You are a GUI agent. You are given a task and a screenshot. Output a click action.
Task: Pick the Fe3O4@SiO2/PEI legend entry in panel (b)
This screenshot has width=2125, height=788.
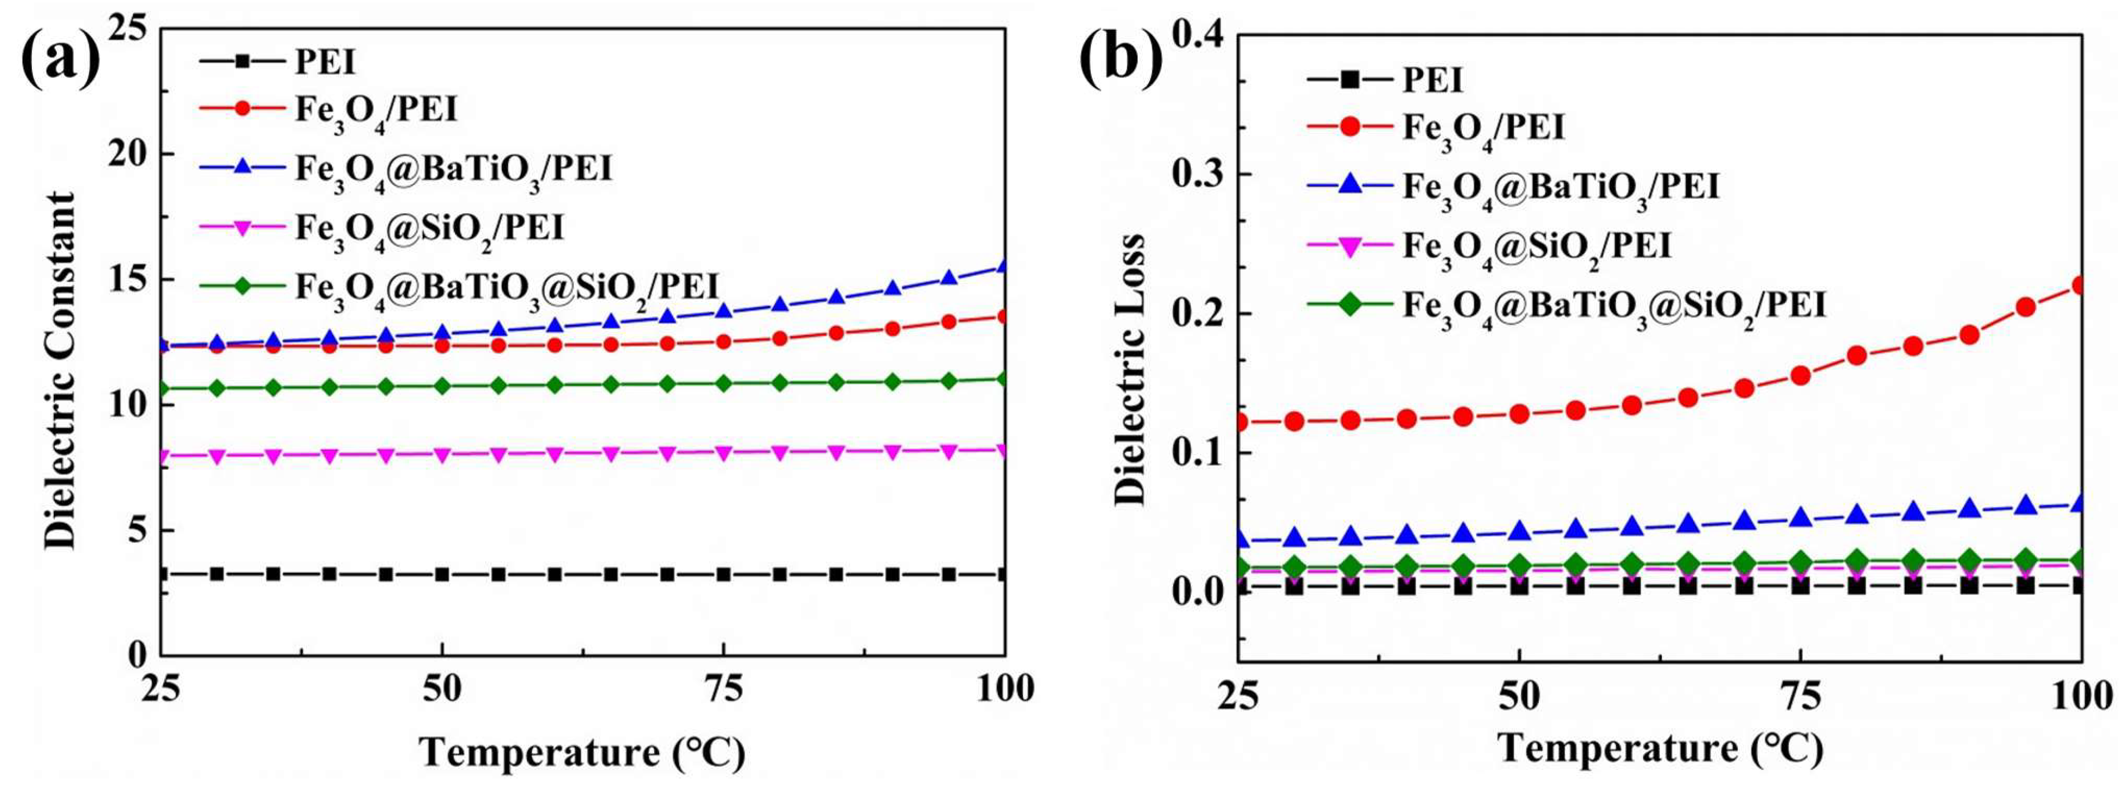pos(1537,246)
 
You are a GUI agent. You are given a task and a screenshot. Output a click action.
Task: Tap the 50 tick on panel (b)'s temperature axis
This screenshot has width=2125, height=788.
pos(1518,698)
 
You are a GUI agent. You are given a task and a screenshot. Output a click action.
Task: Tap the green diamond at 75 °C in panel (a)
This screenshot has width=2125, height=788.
pos(723,383)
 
